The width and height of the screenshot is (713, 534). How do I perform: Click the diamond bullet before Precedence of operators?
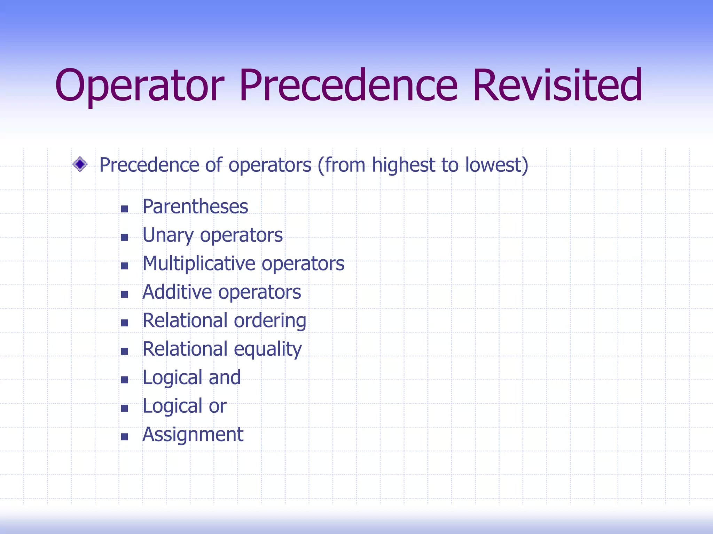[80, 164]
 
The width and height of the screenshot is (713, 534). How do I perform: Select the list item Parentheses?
[195, 207]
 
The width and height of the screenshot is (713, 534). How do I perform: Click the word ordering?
[270, 321]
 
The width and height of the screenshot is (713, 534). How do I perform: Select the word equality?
[267, 349]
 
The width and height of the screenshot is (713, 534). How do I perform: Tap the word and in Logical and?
[225, 378]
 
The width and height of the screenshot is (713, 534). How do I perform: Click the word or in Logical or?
[218, 406]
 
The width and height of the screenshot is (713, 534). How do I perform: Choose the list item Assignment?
[193, 435]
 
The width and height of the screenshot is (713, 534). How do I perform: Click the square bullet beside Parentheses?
[124, 209]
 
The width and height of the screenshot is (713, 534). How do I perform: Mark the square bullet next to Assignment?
[124, 437]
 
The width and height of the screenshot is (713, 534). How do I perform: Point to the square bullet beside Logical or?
[124, 408]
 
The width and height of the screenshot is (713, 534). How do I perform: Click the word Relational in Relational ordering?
[185, 321]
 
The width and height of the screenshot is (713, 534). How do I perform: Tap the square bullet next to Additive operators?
[124, 294]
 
